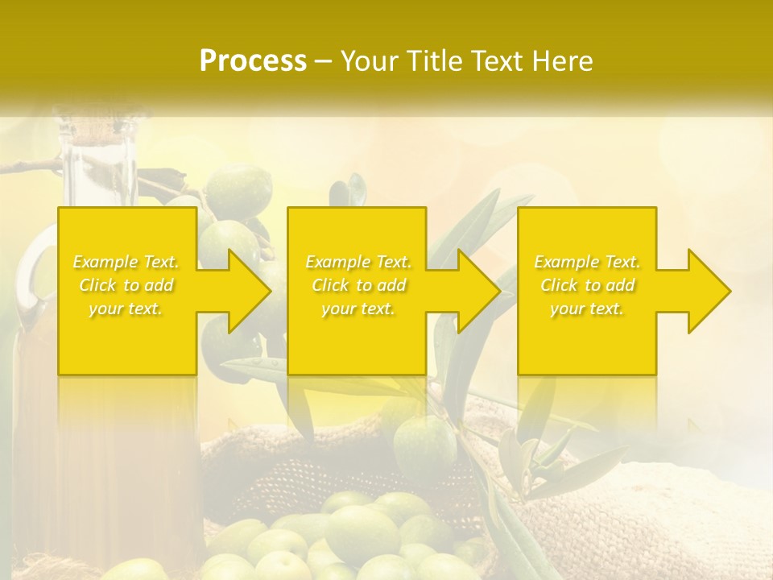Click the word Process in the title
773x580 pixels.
pos(253,61)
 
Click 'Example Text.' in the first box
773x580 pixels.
pos(126,262)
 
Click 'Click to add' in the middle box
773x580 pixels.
pos(358,285)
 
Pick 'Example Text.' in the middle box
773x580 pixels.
pos(358,262)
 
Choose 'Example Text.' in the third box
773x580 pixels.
pos(587,262)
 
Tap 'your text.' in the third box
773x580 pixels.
pos(587,309)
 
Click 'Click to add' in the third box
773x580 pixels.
pos(587,285)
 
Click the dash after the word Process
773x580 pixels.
pos(324,61)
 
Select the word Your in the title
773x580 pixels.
pos(368,61)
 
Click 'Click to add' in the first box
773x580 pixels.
pos(126,285)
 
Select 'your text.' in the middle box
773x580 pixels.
pos(358,309)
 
